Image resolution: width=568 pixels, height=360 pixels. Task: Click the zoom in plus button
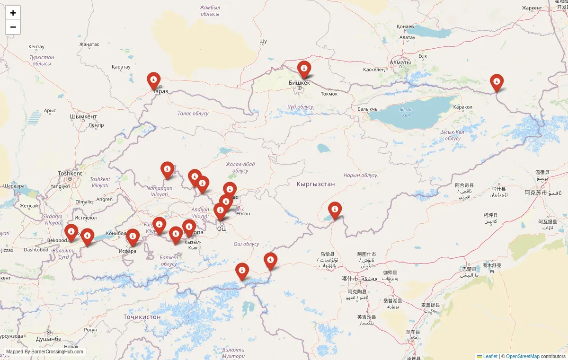[x=13, y=13]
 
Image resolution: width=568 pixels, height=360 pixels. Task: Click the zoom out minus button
[x=13, y=27]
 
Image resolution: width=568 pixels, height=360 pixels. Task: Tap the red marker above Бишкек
[x=304, y=69]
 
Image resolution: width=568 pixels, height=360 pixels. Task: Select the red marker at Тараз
[x=153, y=80]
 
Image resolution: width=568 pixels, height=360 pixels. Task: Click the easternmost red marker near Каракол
[x=497, y=82]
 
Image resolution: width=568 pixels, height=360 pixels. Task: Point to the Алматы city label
[x=400, y=62]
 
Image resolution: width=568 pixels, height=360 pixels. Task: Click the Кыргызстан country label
[x=316, y=184]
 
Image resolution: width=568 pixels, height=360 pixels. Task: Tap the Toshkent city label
[x=70, y=174]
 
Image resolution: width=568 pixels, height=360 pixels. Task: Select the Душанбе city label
[x=49, y=339]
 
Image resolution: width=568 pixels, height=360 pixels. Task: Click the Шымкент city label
[x=83, y=117]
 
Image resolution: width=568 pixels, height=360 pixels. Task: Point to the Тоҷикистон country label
[x=142, y=316]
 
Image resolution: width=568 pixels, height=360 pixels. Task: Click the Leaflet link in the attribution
[x=490, y=356]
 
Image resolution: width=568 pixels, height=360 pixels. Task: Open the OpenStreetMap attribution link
[x=523, y=356]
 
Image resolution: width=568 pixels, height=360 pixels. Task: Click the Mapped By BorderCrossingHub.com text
[x=44, y=351]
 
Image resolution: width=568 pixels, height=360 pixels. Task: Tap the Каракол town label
[x=462, y=107]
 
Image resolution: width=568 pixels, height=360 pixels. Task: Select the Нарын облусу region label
[x=360, y=175]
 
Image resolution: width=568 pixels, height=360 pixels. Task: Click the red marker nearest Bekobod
[x=71, y=232]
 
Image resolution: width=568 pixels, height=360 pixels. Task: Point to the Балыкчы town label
[x=368, y=109]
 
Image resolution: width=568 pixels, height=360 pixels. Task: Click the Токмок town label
[x=329, y=94]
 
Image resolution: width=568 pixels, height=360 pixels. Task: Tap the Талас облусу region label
[x=193, y=114]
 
